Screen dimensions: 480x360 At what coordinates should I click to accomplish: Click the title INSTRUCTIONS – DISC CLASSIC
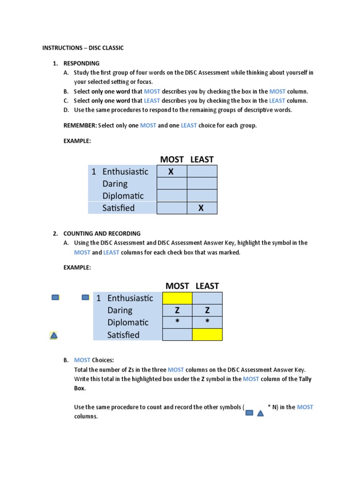[83, 48]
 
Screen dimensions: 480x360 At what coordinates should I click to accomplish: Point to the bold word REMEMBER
[80, 126]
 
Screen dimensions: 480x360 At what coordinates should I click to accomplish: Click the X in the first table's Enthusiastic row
[171, 172]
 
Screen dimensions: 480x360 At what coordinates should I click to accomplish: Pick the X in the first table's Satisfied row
[202, 208]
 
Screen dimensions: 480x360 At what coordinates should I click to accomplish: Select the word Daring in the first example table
[115, 184]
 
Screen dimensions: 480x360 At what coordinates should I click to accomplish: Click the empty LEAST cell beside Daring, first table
[202, 184]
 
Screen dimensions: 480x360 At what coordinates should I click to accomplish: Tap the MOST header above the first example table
[171, 159]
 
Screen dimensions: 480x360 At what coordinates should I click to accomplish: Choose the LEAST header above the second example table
[207, 286]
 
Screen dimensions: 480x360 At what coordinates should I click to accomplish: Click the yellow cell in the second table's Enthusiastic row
[177, 298]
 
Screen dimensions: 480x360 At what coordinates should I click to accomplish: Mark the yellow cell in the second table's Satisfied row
[207, 335]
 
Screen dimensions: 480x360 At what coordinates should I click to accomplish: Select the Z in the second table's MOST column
[177, 310]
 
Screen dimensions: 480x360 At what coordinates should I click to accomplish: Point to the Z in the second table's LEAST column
[207, 310]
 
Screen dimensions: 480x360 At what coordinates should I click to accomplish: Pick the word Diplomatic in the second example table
[128, 322]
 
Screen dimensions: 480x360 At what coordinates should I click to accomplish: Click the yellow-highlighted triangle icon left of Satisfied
[54, 335]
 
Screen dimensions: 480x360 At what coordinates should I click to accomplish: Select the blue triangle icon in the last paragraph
[261, 413]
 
